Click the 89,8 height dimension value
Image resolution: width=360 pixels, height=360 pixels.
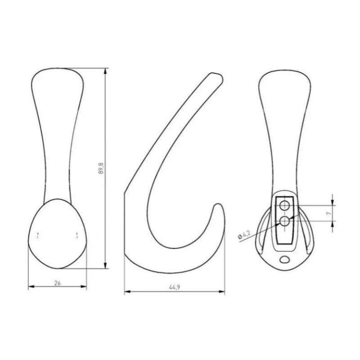[x=101, y=168]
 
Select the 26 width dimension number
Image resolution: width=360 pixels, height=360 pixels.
[x=58, y=283]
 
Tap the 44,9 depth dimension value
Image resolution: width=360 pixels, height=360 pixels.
[x=175, y=287]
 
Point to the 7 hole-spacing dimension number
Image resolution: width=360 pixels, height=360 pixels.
[x=329, y=213]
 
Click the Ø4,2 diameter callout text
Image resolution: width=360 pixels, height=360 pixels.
[x=244, y=235]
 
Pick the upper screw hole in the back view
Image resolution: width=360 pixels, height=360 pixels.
[x=285, y=206]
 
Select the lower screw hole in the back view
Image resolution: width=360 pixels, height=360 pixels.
[x=285, y=221]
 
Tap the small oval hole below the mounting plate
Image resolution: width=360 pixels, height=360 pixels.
[x=285, y=259]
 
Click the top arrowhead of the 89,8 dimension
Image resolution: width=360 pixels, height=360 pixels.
[x=105, y=71]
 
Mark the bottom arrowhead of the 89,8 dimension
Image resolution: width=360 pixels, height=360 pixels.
[x=105, y=265]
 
